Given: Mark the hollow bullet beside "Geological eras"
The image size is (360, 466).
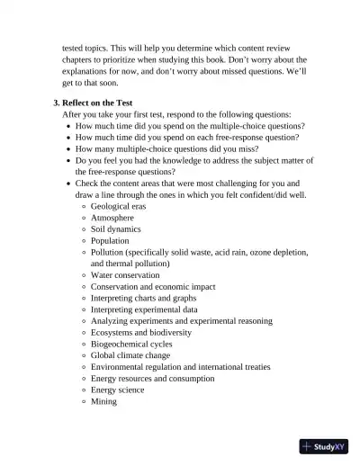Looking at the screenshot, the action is [83, 206].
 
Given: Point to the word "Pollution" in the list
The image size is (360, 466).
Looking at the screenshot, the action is [110, 253].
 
